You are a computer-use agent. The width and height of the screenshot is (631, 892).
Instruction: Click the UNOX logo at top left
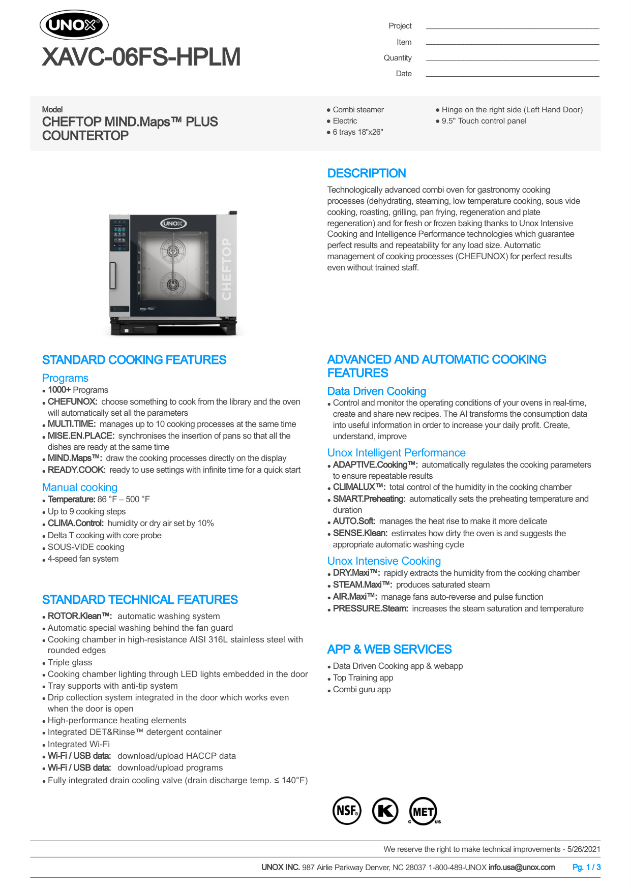[74, 25]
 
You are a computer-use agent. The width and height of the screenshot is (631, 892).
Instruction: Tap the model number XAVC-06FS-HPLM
[141, 57]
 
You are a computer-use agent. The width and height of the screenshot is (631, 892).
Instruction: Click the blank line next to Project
[512, 27]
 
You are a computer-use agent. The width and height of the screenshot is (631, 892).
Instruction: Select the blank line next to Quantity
[512, 59]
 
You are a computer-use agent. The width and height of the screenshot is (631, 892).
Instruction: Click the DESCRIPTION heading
[366, 173]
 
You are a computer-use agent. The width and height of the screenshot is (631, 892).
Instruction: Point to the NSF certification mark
[347, 810]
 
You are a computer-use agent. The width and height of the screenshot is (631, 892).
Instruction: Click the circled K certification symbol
[385, 810]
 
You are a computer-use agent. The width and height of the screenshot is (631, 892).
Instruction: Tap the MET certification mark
[423, 811]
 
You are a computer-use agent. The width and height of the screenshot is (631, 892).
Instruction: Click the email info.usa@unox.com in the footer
[521, 867]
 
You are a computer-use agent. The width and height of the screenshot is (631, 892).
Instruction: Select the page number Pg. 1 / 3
[586, 867]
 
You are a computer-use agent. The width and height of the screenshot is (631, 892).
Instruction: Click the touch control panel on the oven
[120, 235]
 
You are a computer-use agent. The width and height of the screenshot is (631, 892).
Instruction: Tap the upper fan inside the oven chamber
[173, 251]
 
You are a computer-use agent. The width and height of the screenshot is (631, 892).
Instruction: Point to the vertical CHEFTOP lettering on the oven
[227, 269]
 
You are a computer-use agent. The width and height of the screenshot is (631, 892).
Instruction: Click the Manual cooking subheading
[80, 487]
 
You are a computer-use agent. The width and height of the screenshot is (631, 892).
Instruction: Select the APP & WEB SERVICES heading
[389, 650]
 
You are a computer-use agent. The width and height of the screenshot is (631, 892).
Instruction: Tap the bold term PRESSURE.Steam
[370, 608]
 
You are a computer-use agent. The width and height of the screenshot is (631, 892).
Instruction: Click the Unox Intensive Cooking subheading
[384, 561]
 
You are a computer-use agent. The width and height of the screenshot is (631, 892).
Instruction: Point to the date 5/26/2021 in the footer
[584, 849]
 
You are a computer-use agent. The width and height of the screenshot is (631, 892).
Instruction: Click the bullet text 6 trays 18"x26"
[357, 132]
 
